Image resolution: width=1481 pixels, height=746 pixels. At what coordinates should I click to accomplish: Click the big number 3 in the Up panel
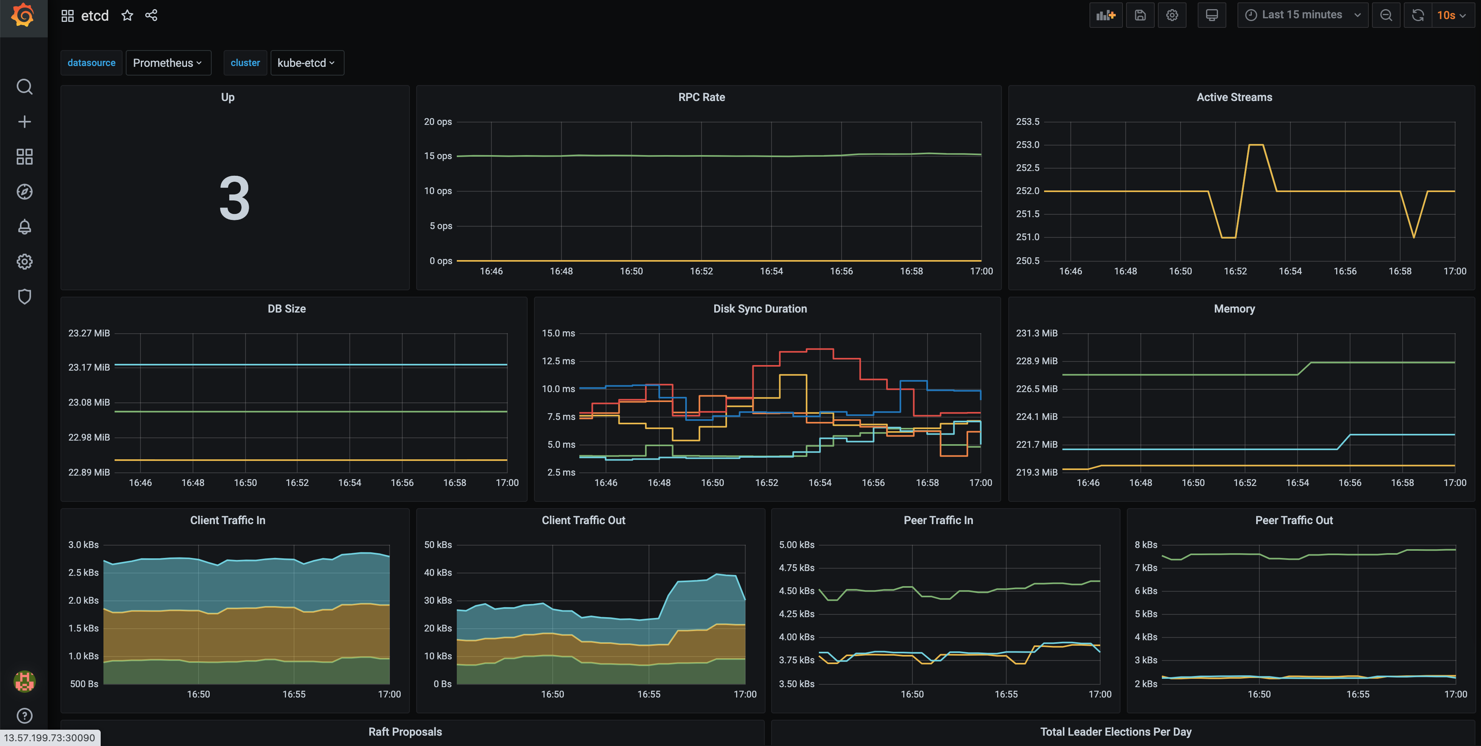[235, 199]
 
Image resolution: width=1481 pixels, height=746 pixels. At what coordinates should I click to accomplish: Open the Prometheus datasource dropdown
[167, 63]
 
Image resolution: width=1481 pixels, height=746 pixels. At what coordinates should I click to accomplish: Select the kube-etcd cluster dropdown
[306, 63]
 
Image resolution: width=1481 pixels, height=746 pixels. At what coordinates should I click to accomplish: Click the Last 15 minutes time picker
[1302, 15]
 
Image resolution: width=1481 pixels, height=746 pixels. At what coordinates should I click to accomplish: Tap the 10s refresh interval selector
[1451, 16]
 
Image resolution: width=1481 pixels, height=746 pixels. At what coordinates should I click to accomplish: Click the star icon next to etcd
[127, 16]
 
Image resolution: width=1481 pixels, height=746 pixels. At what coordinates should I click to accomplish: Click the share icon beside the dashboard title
[151, 16]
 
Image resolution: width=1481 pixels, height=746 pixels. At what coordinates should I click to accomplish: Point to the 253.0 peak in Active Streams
[1256, 145]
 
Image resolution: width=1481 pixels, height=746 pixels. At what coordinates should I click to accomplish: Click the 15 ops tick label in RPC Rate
[438, 156]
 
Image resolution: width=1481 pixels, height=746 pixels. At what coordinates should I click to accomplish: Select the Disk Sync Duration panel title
[760, 309]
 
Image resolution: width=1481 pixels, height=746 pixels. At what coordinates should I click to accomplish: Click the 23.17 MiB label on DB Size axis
[89, 367]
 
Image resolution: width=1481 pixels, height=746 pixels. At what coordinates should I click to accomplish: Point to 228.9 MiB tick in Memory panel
[1036, 361]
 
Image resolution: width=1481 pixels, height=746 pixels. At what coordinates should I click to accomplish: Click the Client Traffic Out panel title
[583, 520]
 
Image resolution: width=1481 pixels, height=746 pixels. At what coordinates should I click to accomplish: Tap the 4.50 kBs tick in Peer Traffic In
[796, 591]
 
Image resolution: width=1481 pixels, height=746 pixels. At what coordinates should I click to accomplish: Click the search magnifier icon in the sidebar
[24, 87]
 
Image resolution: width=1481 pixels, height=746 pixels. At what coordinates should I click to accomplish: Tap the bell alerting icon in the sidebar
[24, 226]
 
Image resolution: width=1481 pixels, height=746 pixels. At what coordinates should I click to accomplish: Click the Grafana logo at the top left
[23, 16]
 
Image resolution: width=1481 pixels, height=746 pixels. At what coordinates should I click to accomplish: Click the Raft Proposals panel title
[405, 732]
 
